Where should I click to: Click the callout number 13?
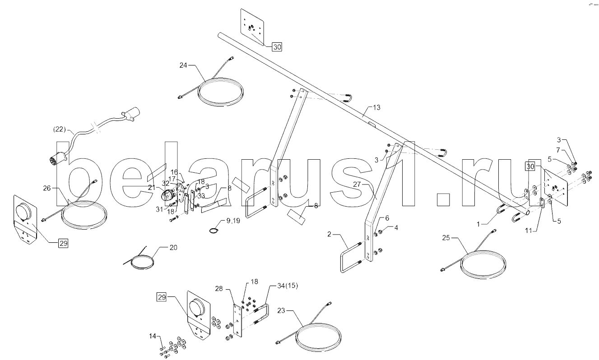[376, 107]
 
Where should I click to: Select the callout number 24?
[183, 65]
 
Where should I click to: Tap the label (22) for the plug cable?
[60, 129]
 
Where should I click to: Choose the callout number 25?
[446, 237]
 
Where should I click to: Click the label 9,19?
[234, 221]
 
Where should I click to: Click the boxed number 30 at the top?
[277, 46]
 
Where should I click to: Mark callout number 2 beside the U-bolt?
[330, 234]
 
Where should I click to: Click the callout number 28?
[219, 288]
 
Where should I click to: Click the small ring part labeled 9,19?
[214, 231]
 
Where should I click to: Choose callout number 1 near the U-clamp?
[479, 222]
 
